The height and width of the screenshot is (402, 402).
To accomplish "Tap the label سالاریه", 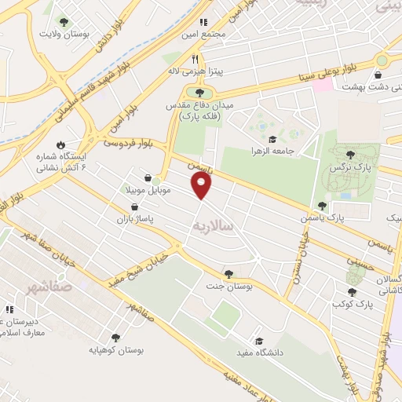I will click(214, 225).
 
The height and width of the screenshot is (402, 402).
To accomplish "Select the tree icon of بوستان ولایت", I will click(64, 23).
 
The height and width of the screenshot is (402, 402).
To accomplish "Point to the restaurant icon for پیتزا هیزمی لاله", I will click(195, 57).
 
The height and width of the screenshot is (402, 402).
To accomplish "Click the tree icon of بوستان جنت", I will click(228, 274).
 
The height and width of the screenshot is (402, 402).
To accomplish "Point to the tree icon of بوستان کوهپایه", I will click(115, 338).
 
